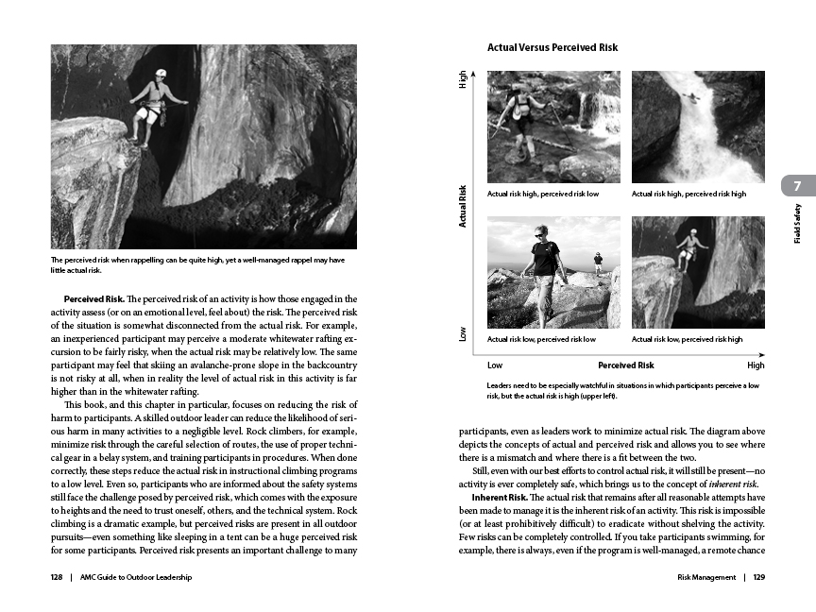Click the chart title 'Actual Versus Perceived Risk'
552,46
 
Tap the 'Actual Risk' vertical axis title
463,206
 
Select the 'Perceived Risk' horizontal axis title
625,365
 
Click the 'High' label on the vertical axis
463,81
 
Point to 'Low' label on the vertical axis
463,334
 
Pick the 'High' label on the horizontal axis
756,365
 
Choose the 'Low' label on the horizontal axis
495,365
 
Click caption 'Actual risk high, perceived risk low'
543,194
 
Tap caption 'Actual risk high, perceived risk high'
688,194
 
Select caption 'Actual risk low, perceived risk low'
541,338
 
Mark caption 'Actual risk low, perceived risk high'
687,338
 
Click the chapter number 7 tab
798,185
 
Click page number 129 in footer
759,578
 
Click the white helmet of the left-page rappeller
161,74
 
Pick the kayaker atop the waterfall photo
696,96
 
